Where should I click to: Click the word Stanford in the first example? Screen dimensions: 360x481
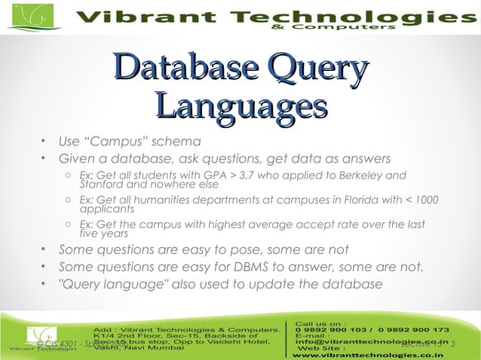(101, 184)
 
